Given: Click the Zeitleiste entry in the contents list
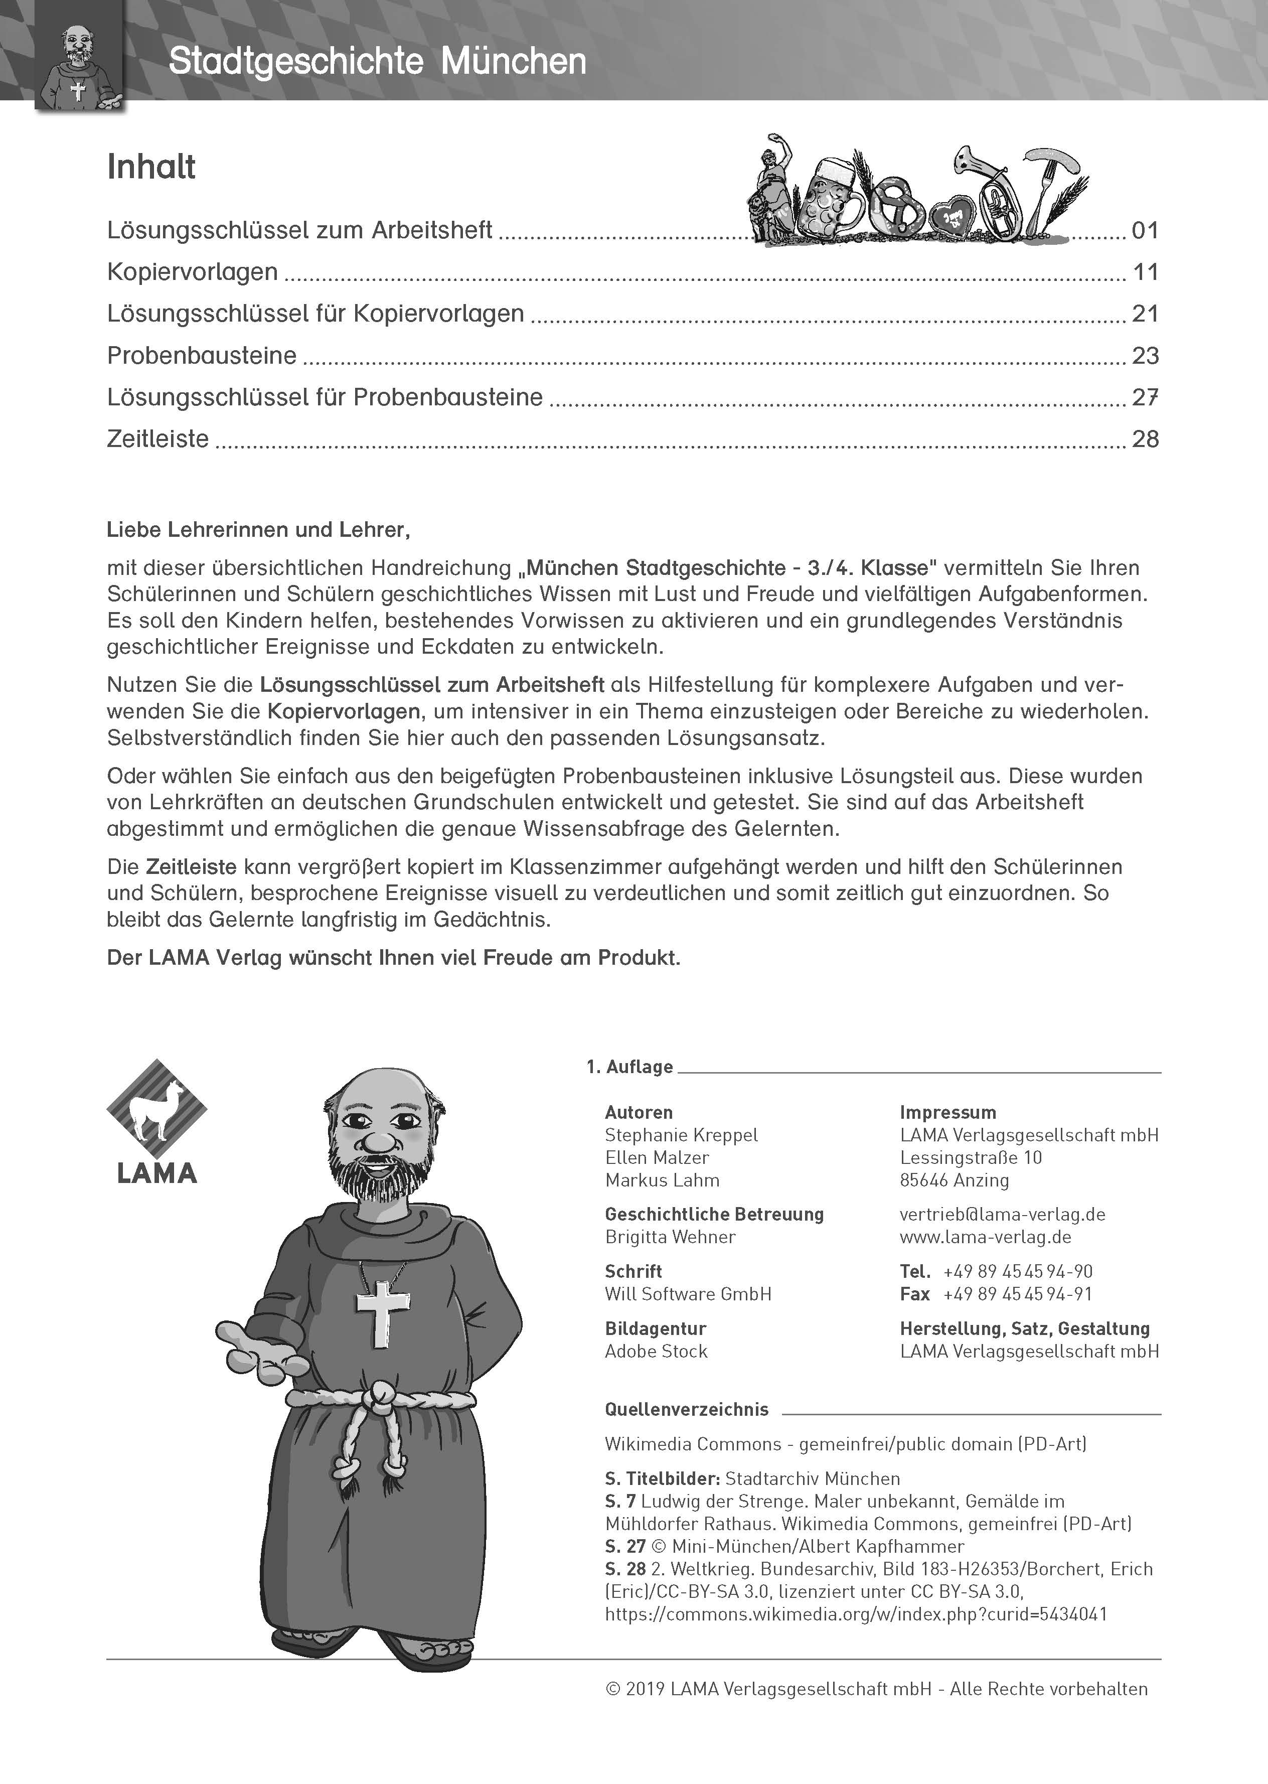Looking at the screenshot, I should tap(157, 439).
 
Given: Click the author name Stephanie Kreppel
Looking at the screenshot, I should tap(681, 1135).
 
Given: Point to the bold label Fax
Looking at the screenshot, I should tap(914, 1294).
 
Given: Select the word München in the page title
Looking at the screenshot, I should tap(513, 62).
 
